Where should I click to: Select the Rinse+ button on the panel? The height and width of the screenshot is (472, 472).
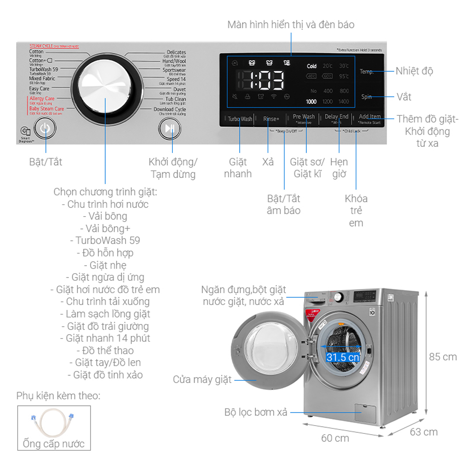(271, 119)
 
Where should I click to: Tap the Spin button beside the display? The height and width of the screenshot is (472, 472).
(367, 97)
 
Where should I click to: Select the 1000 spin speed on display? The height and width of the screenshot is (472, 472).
(311, 101)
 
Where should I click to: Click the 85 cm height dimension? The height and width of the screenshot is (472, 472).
(442, 357)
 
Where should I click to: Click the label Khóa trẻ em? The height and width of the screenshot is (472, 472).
(356, 211)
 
